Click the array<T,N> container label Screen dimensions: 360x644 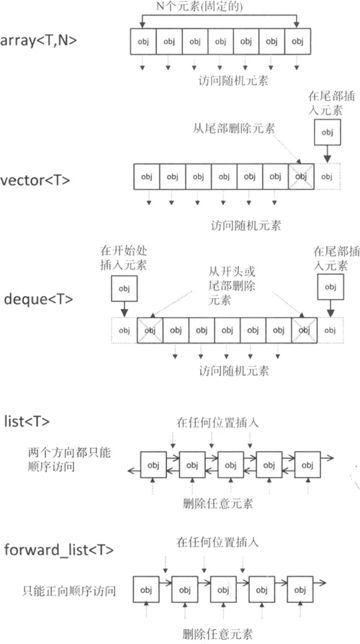pyautogui.click(x=38, y=40)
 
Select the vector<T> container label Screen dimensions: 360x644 pyautogui.click(x=35, y=180)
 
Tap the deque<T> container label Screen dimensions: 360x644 pyautogui.click(x=38, y=299)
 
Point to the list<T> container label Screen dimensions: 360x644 pyautogui.click(x=27, y=421)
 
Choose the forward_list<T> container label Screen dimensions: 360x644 pyautogui.click(x=59, y=550)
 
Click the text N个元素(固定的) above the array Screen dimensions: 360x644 pyautogui.click(x=199, y=6)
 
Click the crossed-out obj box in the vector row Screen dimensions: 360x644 pyautogui.click(x=301, y=176)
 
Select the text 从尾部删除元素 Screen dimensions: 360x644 pyautogui.click(x=233, y=128)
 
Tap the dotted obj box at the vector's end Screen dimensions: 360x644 pyautogui.click(x=327, y=176)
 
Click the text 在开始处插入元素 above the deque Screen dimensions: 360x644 pyautogui.click(x=124, y=257)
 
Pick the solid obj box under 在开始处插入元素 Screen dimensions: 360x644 pyautogui.click(x=124, y=289)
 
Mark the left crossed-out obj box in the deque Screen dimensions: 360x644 pyautogui.click(x=150, y=330)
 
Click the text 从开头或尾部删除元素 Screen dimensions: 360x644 pyautogui.click(x=232, y=285)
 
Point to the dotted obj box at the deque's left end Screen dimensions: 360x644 pyautogui.click(x=124, y=330)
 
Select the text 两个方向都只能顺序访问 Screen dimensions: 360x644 pyautogui.click(x=69, y=460)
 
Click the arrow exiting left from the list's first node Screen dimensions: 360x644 pyautogui.click(x=134, y=470)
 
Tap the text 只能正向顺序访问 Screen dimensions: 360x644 pyautogui.click(x=69, y=591)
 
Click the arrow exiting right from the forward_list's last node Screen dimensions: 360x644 pyautogui.click(x=320, y=582)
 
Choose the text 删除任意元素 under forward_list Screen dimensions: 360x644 pyautogui.click(x=217, y=634)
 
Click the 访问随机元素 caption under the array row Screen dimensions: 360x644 pyautogui.click(x=233, y=80)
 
